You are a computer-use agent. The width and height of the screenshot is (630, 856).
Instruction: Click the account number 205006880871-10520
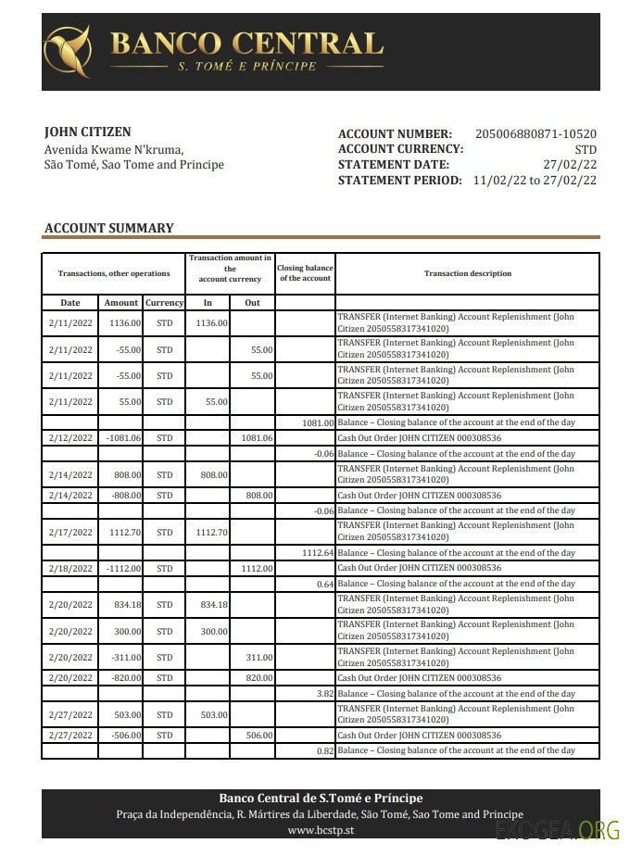pos(535,134)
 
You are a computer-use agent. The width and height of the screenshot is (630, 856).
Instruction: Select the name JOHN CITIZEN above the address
pos(88,132)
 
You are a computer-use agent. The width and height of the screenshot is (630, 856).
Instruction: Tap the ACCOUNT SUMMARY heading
pos(109,228)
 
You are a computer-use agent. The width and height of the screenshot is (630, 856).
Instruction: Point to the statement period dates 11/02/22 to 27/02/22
pos(535,180)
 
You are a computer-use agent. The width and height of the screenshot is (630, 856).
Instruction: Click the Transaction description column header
pos(467,273)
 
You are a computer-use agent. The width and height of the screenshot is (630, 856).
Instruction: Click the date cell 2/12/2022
pos(70,438)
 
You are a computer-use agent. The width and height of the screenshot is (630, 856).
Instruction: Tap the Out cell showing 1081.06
pos(257,438)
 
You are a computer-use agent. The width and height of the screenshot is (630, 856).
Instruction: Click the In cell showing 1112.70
pos(212,533)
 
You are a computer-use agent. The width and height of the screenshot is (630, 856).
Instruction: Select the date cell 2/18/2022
pos(70,568)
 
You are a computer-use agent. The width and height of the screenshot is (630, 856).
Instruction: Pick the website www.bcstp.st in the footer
pos(320,830)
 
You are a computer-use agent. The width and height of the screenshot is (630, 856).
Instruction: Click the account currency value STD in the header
pos(585,150)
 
